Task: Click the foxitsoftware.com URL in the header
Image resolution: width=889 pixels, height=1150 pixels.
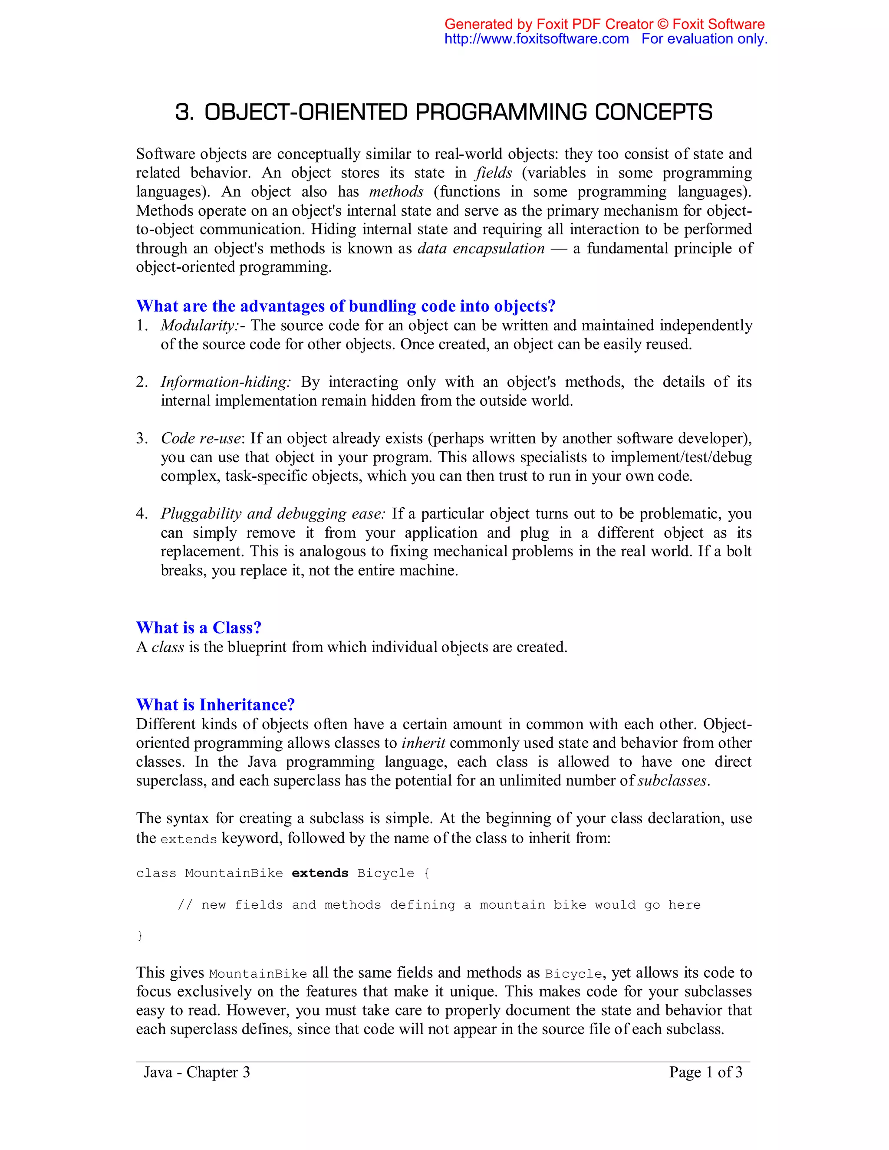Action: [x=536, y=39]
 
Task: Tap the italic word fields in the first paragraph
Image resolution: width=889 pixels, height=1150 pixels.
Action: [x=494, y=173]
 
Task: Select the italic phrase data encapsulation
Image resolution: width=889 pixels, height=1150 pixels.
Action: [x=481, y=249]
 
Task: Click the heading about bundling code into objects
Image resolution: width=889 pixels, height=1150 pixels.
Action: [x=346, y=306]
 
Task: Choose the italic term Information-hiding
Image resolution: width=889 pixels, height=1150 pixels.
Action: [x=225, y=382]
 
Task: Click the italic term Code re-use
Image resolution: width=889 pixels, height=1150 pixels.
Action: [x=201, y=439]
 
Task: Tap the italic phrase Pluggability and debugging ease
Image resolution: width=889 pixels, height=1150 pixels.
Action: [x=273, y=514]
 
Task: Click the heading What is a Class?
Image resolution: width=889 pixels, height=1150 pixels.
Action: [x=198, y=628]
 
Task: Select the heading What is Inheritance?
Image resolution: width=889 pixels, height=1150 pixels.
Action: [x=215, y=705]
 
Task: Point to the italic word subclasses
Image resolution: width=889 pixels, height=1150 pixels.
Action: [x=672, y=781]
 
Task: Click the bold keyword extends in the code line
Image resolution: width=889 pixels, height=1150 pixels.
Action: [x=319, y=874]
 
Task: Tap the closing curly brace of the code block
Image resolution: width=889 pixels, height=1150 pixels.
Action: [x=140, y=936]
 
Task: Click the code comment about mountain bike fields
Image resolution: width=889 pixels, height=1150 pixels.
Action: [x=439, y=905]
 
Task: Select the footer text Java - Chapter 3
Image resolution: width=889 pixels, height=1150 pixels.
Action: [x=197, y=1073]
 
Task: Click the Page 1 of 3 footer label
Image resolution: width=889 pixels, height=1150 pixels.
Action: [x=705, y=1073]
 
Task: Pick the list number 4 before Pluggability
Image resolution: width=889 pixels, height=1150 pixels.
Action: [x=141, y=514]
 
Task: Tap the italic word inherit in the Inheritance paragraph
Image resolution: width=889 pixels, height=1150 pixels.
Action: [x=423, y=743]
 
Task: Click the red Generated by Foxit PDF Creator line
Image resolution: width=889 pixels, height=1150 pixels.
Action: [x=604, y=24]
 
